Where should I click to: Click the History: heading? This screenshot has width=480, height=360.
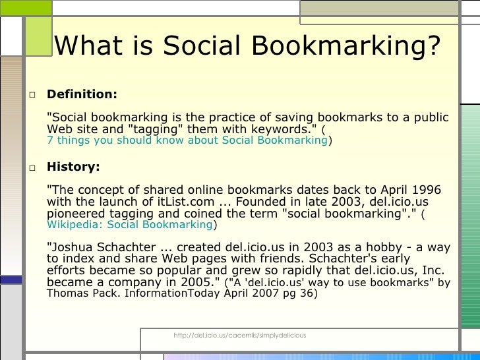(73, 167)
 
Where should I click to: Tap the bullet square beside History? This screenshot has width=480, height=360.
(31, 168)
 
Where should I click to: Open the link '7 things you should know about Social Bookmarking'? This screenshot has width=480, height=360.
(187, 140)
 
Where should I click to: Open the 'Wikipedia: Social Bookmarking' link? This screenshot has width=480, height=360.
(129, 224)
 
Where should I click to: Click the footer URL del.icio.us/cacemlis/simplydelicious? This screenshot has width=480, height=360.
(239, 336)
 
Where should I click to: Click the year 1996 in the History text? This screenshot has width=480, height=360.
(426, 191)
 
